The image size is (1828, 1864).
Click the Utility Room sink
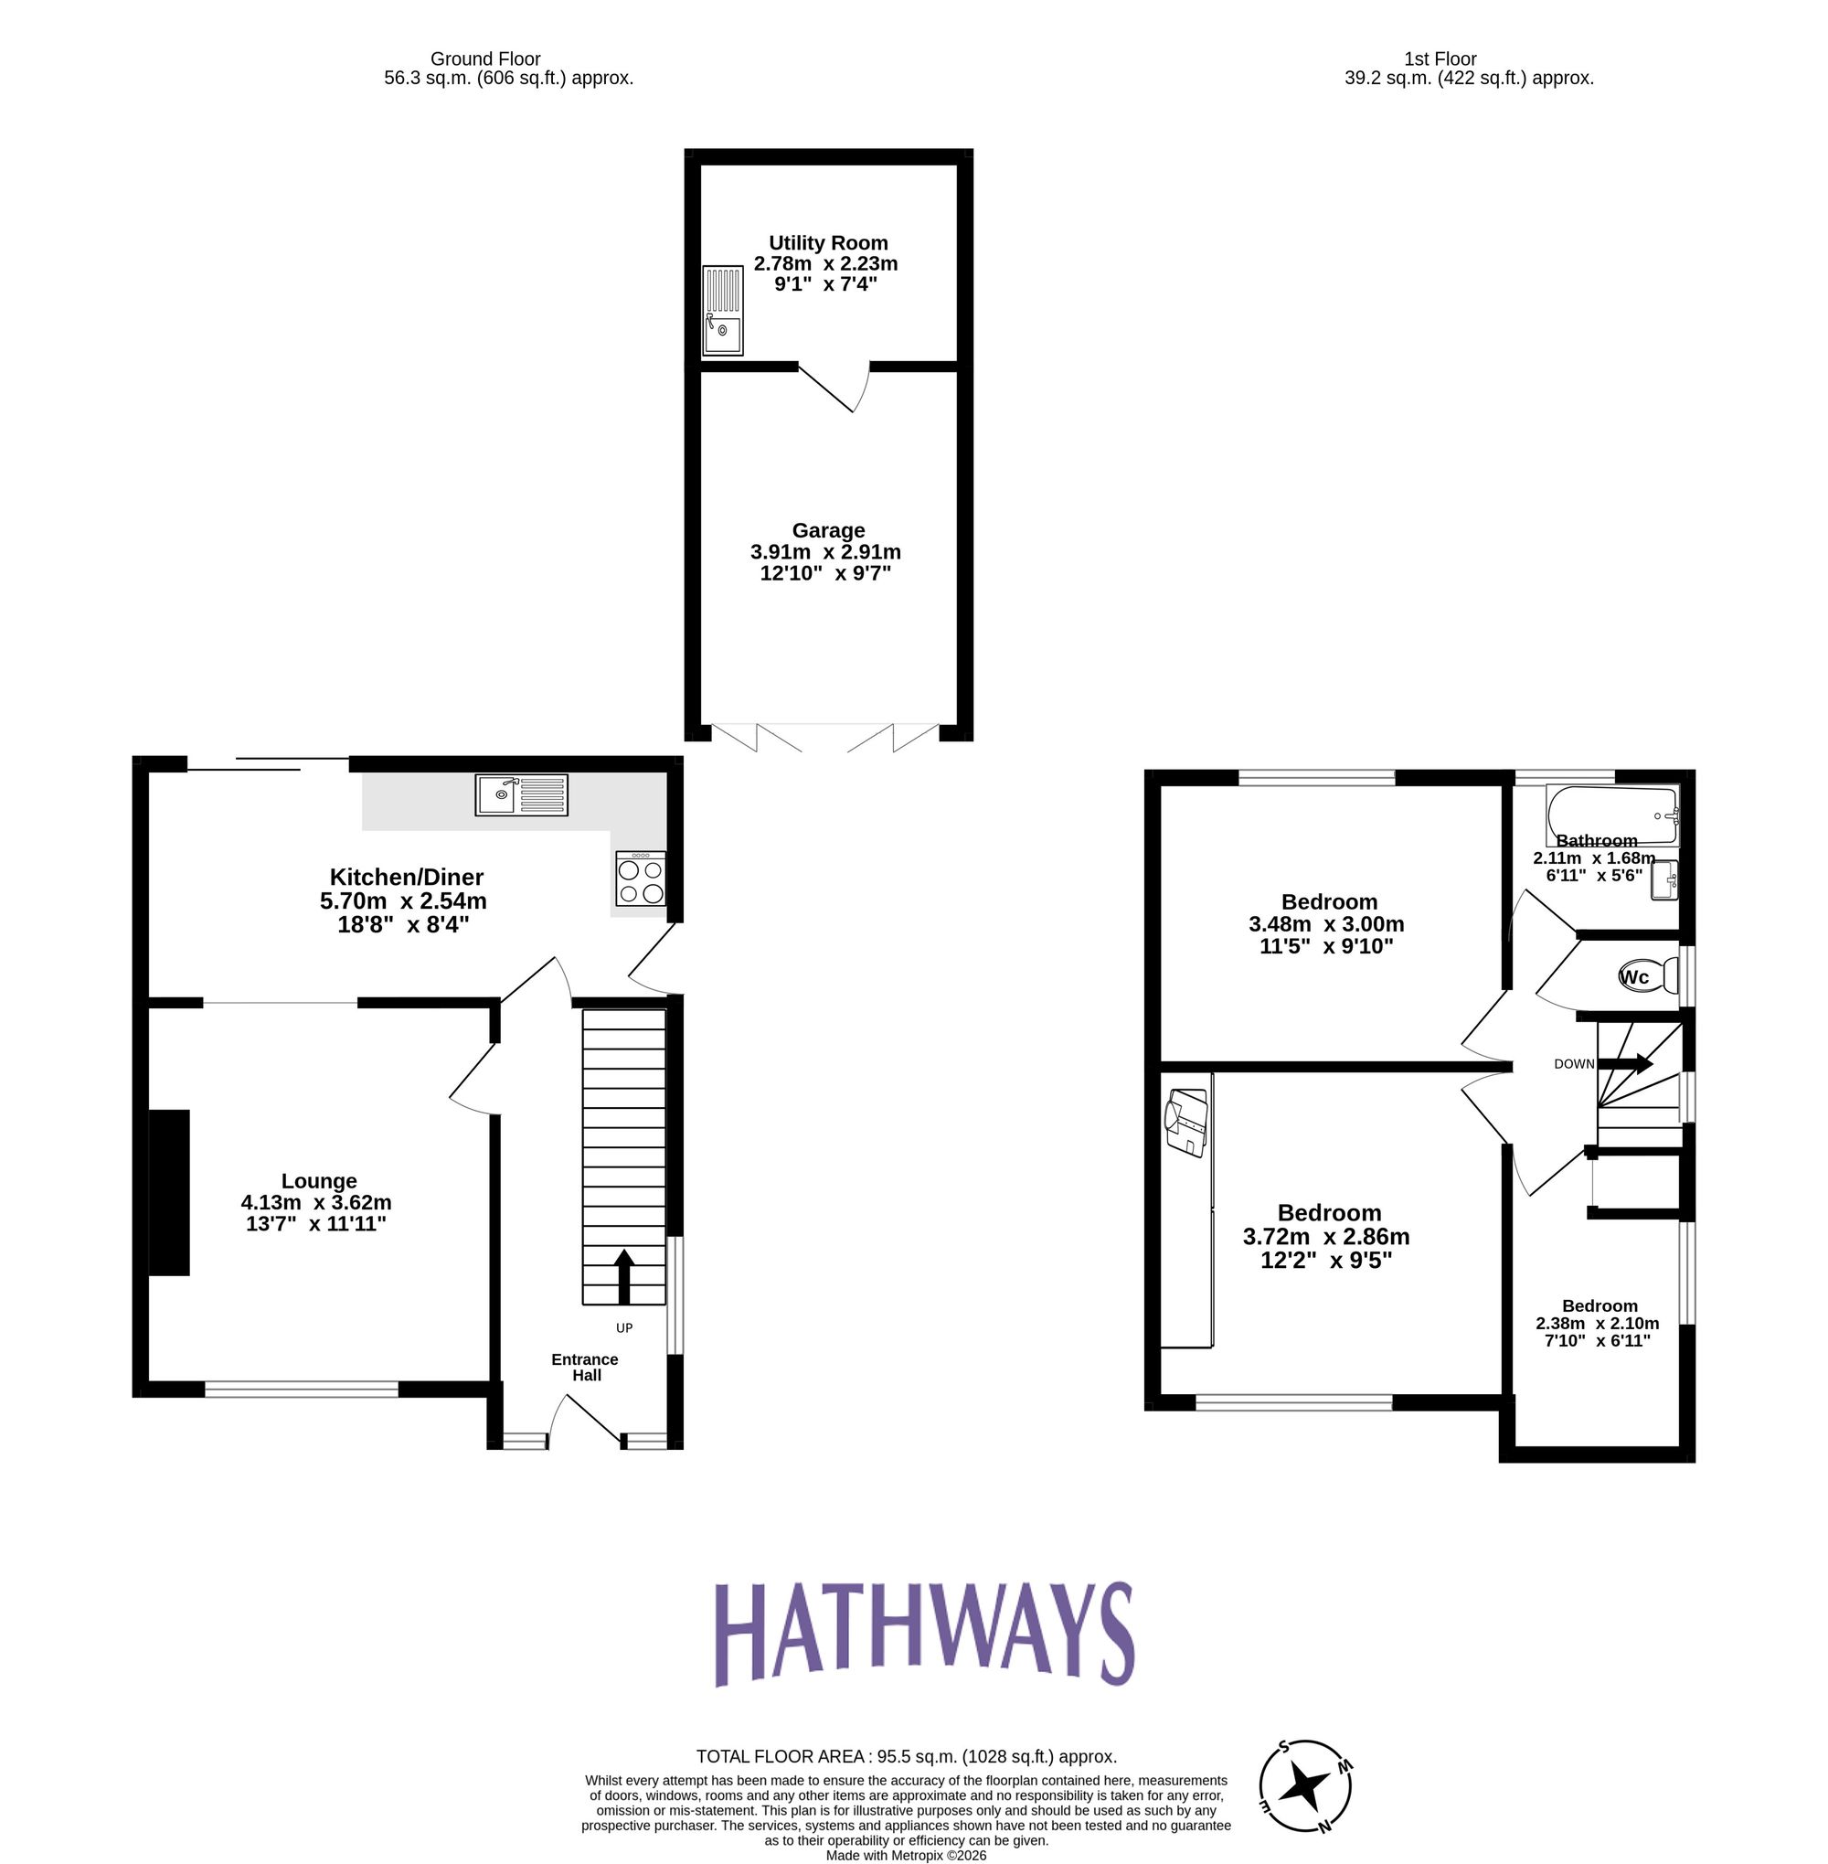722,310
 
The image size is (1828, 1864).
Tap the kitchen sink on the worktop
521,795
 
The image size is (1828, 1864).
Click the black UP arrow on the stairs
624,1275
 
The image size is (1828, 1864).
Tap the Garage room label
827,530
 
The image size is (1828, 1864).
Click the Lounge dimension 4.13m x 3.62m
316,1202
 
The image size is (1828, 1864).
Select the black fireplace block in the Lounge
170,1192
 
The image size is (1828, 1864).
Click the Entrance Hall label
585,1367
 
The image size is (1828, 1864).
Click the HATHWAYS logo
924,1634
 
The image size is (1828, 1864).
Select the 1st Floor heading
1440,59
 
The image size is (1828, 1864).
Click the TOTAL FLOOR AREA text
906,1756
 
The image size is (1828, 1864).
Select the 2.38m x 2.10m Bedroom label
1599,1323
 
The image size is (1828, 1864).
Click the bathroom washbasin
1663,880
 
